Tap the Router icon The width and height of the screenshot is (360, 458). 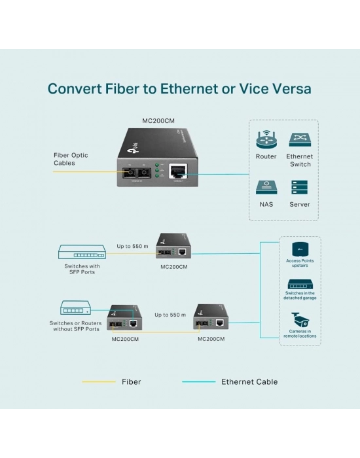(266, 139)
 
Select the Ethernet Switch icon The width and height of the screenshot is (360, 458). (300, 139)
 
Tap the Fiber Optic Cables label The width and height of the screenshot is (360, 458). (71, 159)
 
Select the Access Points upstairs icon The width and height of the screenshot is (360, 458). (299, 249)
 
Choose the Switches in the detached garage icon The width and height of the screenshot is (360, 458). (300, 285)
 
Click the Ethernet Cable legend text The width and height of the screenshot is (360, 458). (249, 382)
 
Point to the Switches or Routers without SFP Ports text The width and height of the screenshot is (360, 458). (75, 326)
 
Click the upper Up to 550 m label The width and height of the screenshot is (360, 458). (133, 246)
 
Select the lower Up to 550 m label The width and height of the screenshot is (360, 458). (170, 315)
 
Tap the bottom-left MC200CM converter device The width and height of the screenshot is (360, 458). (125, 320)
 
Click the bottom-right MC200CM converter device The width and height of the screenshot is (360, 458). (211, 320)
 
